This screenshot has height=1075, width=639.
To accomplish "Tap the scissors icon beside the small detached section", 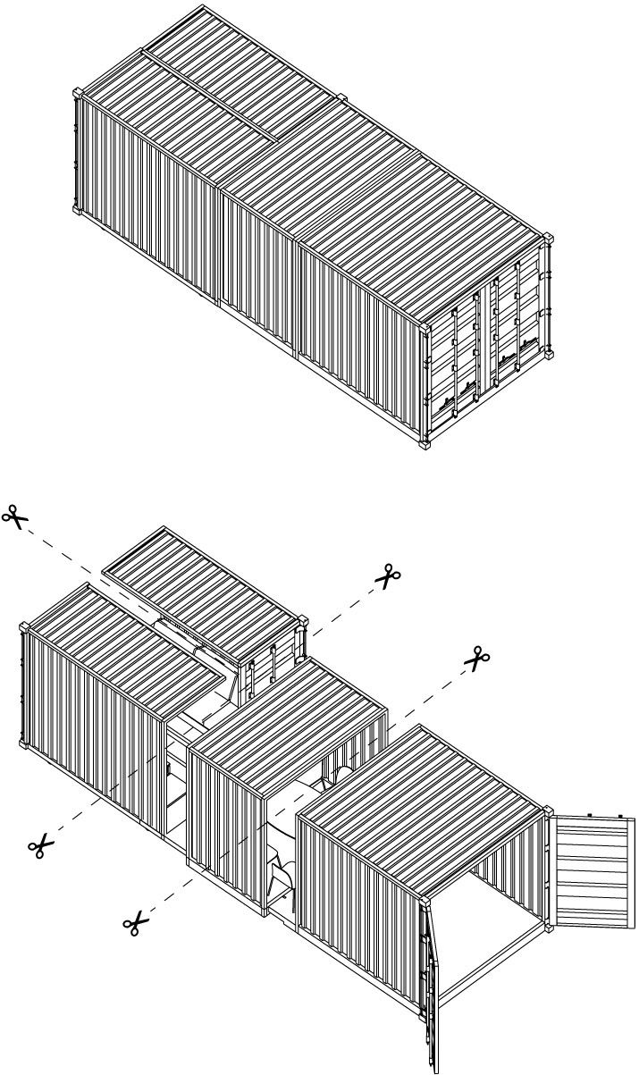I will [388, 575].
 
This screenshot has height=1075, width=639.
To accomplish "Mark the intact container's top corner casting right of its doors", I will [548, 240].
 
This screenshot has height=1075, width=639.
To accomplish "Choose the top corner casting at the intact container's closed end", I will [77, 94].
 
